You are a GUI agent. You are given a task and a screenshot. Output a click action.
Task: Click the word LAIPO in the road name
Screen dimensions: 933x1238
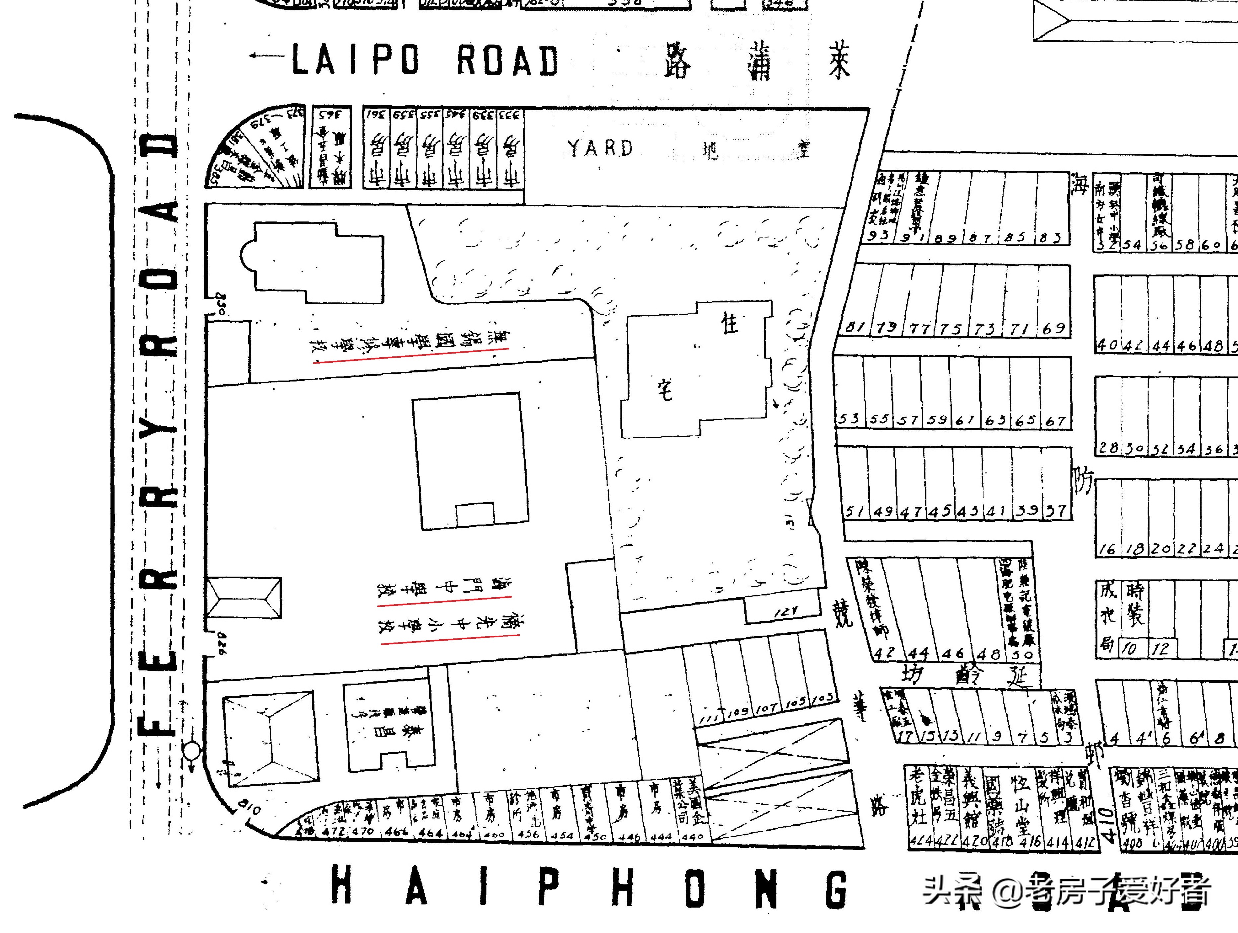[x=355, y=60]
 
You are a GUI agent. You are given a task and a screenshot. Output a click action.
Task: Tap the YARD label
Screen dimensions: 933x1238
[x=600, y=148]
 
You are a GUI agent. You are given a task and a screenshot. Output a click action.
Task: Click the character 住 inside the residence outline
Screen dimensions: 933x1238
[x=729, y=323]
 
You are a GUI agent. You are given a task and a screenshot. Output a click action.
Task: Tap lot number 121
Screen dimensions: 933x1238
[x=786, y=612]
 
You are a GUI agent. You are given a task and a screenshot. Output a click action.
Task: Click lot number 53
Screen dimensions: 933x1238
[x=848, y=419]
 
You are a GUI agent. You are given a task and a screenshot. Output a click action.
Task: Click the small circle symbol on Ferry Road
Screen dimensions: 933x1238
[x=192, y=749]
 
